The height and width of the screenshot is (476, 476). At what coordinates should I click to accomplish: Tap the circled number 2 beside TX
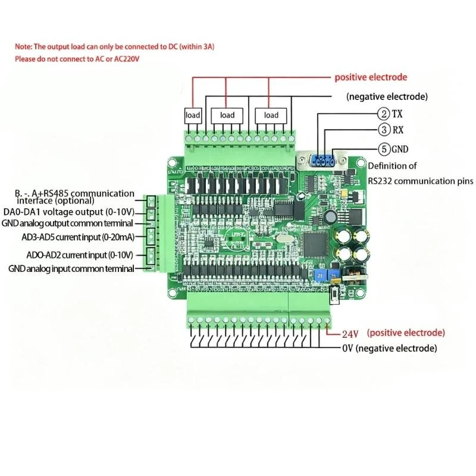pyautogui.click(x=384, y=113)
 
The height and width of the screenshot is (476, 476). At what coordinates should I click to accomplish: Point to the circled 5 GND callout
pyautogui.click(x=384, y=149)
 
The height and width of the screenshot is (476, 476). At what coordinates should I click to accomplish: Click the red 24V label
pyautogui.click(x=351, y=334)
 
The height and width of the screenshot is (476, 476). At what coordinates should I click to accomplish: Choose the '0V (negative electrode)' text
pyautogui.click(x=389, y=348)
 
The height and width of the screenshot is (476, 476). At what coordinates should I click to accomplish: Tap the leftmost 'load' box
pyautogui.click(x=193, y=115)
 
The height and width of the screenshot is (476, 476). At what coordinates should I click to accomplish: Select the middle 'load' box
pyautogui.click(x=227, y=115)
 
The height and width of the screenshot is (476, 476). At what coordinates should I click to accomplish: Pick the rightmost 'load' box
pyautogui.click(x=271, y=115)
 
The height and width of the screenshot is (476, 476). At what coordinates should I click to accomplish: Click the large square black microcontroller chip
pyautogui.click(x=314, y=242)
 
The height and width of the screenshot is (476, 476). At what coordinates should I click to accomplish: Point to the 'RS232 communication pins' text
pyautogui.click(x=420, y=181)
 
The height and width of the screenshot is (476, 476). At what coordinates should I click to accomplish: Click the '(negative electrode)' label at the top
pyautogui.click(x=387, y=96)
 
